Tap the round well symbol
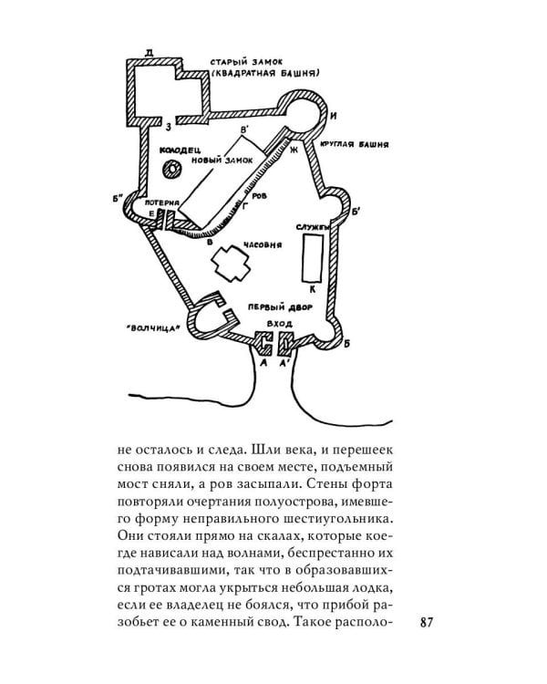coord(170,169)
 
